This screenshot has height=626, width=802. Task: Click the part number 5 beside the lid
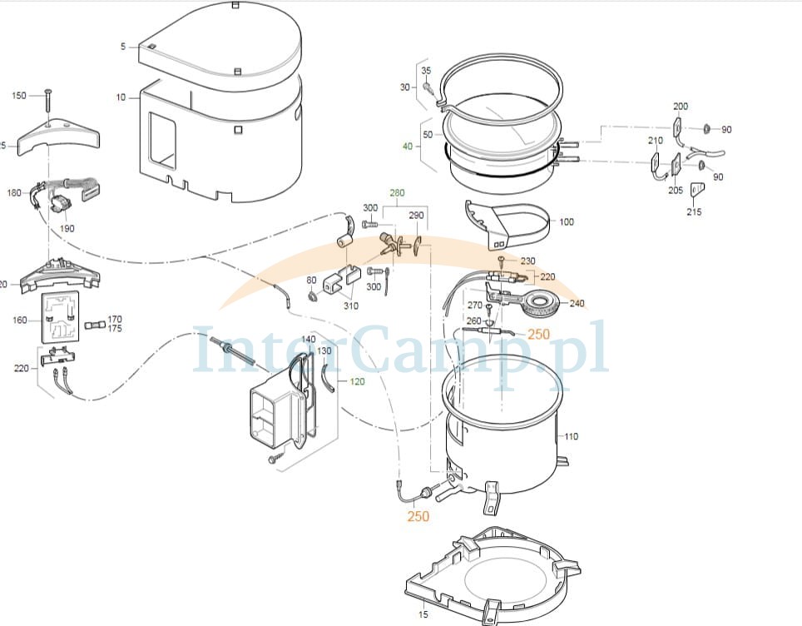click(123, 47)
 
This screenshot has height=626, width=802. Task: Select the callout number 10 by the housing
click(121, 97)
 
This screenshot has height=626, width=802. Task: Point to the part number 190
click(67, 228)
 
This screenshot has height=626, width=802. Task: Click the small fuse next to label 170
click(92, 325)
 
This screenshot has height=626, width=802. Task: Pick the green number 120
click(357, 381)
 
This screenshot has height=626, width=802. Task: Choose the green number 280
click(397, 192)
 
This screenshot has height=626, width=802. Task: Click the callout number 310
click(351, 306)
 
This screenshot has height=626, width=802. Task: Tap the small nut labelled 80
click(311, 296)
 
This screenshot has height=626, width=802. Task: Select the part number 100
click(567, 221)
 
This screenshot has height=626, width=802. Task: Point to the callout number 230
click(527, 261)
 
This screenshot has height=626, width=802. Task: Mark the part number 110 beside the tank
click(571, 436)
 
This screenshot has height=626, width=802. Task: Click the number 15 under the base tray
click(423, 614)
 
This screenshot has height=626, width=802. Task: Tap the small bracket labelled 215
click(696, 191)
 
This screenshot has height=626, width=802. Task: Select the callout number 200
click(681, 106)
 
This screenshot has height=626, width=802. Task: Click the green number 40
click(407, 147)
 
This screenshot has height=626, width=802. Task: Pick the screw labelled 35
click(428, 88)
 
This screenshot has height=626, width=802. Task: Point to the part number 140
click(309, 339)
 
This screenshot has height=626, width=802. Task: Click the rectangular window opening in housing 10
click(161, 141)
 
